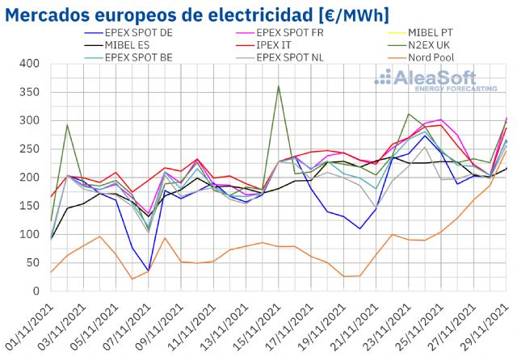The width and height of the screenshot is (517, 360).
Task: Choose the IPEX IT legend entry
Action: (280, 45)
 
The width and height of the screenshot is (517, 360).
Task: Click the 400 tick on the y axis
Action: (28, 64)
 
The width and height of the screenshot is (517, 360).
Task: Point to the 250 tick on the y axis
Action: (28, 149)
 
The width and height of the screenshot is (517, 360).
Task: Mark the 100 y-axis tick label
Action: (28, 235)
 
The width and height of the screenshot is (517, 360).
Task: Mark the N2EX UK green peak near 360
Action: (279, 86)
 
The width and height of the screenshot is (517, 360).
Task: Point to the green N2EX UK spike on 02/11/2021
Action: (67, 125)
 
